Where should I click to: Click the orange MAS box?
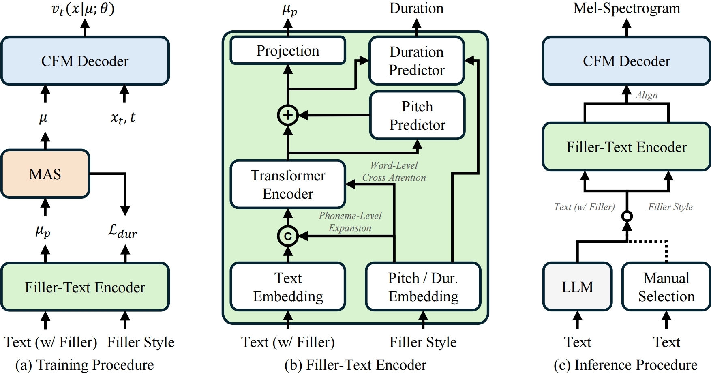45,174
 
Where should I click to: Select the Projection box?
288,51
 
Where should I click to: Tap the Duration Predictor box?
416,61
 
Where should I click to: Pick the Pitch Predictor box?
417,116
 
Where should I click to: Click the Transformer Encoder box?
288,184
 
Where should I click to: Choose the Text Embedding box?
288,287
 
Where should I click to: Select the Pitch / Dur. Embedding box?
423,287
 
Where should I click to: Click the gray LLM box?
577,287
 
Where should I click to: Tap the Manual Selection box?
666,287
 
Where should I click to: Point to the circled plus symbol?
288,115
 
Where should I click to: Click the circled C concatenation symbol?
288,236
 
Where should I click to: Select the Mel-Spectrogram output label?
626,8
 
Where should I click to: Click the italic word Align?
647,95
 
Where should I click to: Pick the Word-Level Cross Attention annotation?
394,171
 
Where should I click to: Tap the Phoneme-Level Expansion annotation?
350,222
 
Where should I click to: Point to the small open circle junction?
627,216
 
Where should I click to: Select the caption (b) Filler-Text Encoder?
355,365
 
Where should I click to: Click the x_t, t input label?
123,118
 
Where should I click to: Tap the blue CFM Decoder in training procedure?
85,61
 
